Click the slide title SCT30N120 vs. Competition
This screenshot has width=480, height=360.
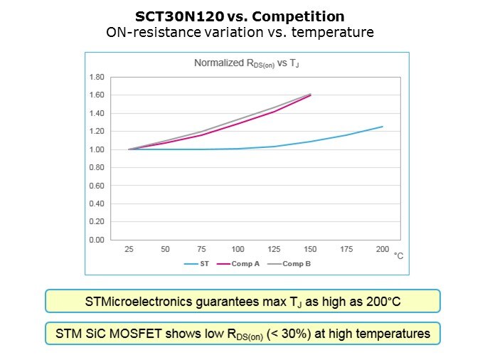240,16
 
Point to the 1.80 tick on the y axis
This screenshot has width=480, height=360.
95,77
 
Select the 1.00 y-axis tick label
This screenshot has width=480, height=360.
95,149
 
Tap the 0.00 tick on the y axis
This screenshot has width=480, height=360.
95,240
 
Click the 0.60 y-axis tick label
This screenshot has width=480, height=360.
95,186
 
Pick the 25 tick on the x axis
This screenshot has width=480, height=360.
129,250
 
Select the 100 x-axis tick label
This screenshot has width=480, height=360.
238,250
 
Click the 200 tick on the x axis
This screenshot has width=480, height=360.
383,250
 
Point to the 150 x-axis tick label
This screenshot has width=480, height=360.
310,250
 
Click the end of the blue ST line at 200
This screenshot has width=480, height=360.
383,127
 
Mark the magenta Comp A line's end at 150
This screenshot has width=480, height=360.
311,95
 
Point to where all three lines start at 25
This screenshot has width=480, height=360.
129,149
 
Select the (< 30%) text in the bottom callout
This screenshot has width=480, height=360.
291,332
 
